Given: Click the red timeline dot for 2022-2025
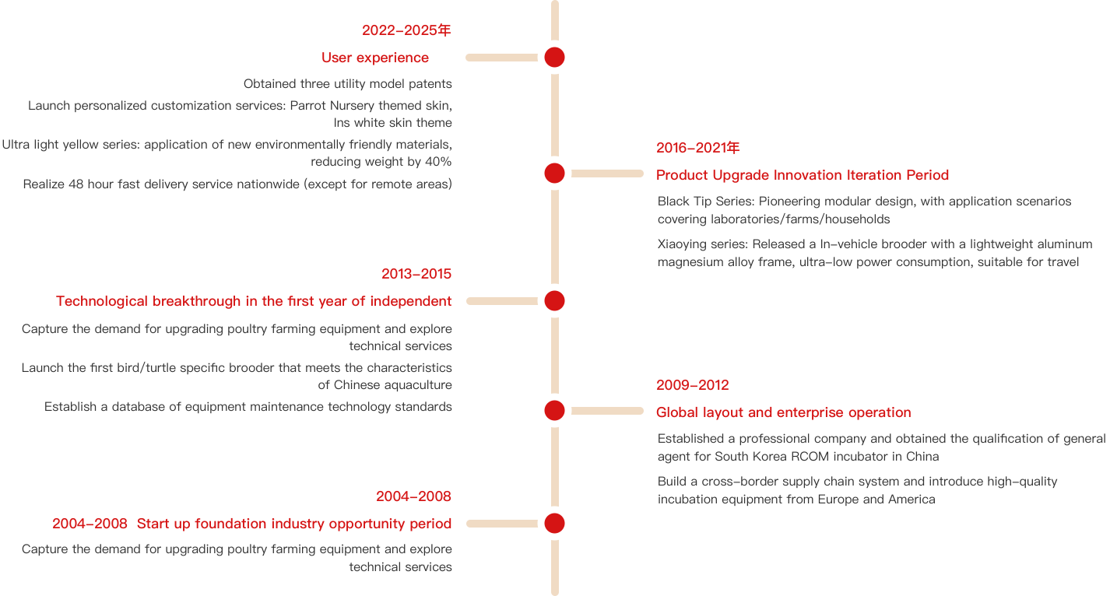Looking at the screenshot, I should [x=554, y=57].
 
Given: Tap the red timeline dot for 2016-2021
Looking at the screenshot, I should [x=554, y=174].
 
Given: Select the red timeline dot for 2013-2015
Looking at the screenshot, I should [x=554, y=300].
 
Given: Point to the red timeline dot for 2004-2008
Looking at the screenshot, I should [x=554, y=523].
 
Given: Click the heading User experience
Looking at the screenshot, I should [x=375, y=58].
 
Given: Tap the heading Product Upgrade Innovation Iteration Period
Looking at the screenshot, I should [x=803, y=175].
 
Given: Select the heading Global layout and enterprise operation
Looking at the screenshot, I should [x=783, y=412].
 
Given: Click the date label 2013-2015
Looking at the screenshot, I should [x=416, y=274].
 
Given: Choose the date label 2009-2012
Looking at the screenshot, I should [x=692, y=385].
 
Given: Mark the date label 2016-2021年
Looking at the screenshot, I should [x=697, y=148].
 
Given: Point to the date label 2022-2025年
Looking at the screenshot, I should [x=406, y=30].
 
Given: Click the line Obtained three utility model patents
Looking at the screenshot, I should [x=347, y=83].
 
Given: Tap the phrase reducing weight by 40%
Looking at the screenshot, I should [x=381, y=162].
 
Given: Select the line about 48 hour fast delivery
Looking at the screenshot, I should [x=237, y=184].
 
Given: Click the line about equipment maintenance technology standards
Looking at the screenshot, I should [x=248, y=406].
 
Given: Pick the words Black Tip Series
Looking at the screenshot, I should [x=705, y=202].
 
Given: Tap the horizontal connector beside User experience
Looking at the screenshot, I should [x=502, y=58].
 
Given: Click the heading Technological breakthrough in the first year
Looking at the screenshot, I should [x=254, y=301].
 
